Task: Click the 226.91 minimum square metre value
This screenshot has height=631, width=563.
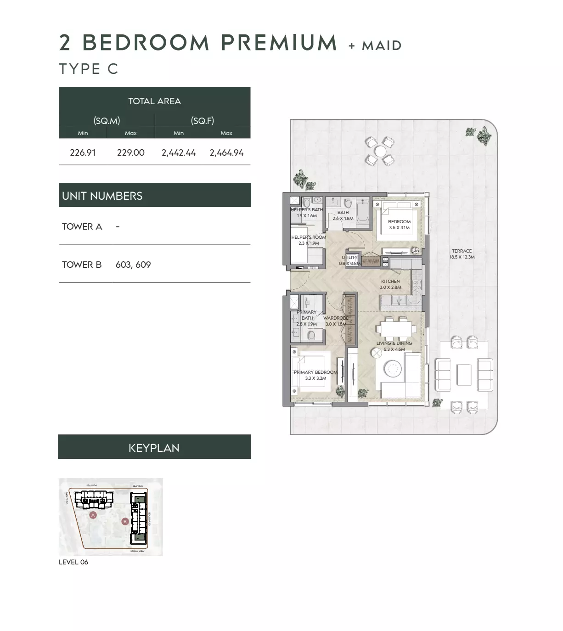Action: (x=83, y=153)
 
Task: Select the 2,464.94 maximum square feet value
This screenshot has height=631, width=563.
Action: (x=226, y=153)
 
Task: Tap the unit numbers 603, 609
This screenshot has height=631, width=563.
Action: (x=133, y=265)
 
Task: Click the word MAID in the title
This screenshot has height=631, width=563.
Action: (x=382, y=45)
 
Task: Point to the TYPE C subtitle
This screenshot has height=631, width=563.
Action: (x=89, y=69)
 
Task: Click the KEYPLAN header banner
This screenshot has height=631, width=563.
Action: (x=154, y=447)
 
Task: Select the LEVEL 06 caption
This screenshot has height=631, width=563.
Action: (x=73, y=562)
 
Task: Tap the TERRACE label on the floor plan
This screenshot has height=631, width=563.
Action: (x=462, y=251)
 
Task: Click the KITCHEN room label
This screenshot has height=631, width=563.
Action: (x=390, y=281)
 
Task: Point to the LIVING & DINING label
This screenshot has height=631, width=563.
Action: (x=394, y=343)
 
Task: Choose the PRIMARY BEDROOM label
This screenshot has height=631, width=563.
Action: (x=315, y=372)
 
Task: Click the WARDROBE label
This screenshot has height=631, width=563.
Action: (x=336, y=318)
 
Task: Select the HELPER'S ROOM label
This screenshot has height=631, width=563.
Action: (x=309, y=237)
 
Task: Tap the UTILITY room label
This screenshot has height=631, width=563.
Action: (x=349, y=258)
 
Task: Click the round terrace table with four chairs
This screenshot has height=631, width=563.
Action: (x=380, y=151)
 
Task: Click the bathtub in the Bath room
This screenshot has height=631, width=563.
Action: (x=363, y=212)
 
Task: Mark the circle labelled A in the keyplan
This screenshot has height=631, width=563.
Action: (x=93, y=515)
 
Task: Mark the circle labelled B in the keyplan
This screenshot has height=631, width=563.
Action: (x=125, y=522)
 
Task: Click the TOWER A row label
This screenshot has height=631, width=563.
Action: (x=82, y=226)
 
